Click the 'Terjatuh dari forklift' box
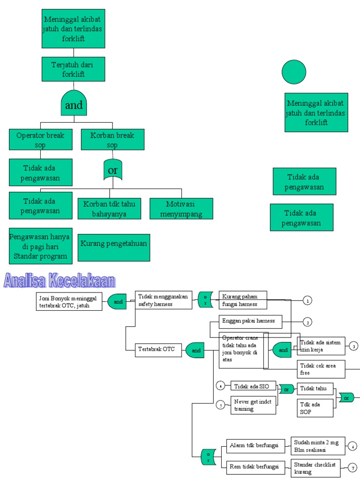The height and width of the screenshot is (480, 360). pos(73,69)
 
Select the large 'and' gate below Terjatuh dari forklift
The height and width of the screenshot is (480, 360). pos(74,103)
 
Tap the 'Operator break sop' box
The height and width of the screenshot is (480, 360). pos(41,139)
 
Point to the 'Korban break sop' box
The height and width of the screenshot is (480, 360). pos(112,139)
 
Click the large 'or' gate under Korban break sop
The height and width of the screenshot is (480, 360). pos(112,170)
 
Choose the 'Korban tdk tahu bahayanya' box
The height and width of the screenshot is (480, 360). pos(110,209)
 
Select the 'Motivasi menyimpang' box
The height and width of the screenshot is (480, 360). pos(181,209)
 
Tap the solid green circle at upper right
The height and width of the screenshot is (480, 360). pos(294,72)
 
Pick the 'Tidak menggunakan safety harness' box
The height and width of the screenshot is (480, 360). pos(164,300)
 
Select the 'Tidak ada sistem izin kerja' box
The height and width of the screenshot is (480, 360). pos(321,346)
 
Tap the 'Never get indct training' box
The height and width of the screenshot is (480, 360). pos(253,405)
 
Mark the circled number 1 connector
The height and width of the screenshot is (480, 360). pos(307,300)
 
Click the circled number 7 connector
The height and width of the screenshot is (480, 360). pos(352,467)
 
